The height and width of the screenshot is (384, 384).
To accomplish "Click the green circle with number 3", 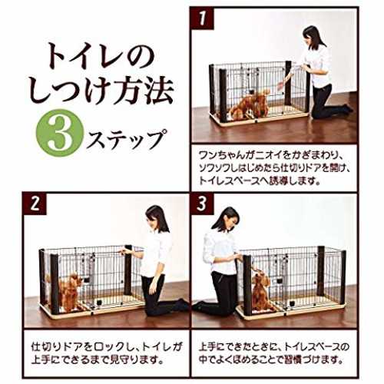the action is pyautogui.click(x=60, y=133).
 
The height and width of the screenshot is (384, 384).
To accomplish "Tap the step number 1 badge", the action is pyautogui.click(x=202, y=18).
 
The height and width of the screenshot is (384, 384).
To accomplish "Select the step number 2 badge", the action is pyautogui.click(x=35, y=204).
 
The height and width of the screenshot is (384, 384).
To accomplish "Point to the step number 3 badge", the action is pyautogui.click(x=202, y=204).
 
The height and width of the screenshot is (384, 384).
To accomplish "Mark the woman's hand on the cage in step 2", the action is pyautogui.click(x=125, y=251).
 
